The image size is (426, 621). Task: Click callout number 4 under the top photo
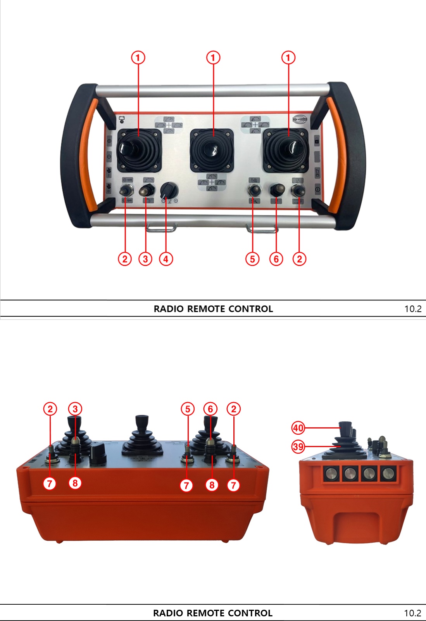click(166, 259)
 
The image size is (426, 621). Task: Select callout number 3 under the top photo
click(145, 259)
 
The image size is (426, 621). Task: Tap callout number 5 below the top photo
click(252, 259)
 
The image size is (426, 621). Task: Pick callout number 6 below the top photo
click(276, 259)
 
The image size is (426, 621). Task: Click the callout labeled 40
click(298, 428)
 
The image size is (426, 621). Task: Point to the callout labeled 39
click(298, 447)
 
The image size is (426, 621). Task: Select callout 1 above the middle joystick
click(213, 58)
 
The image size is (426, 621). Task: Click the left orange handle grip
click(88, 155)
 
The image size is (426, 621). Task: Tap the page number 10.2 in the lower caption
click(412, 613)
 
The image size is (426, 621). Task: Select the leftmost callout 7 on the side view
click(50, 484)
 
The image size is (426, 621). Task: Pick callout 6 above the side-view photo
click(210, 409)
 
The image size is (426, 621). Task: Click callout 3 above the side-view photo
click(75, 409)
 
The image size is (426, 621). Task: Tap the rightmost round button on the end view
click(387, 473)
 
